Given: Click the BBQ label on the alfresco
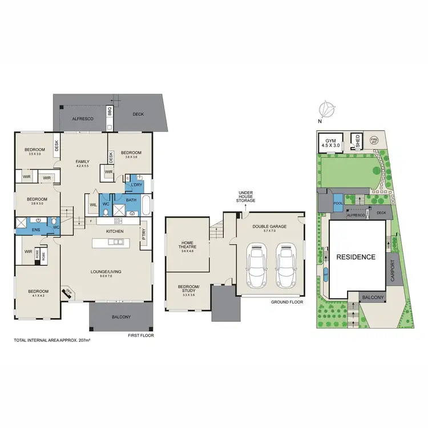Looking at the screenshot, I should point(110,111).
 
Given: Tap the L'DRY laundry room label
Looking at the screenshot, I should point(136,186).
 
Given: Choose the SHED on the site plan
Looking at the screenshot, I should point(358,142).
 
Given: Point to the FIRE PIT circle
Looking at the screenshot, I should point(374,139).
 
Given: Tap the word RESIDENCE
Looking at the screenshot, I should point(355,257).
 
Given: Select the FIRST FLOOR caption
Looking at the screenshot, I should point(141,335).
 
